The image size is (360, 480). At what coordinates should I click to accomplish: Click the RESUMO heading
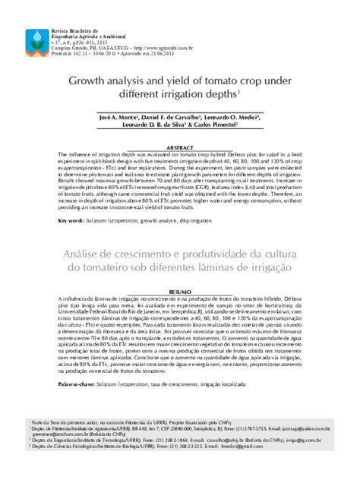pos(181,290)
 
